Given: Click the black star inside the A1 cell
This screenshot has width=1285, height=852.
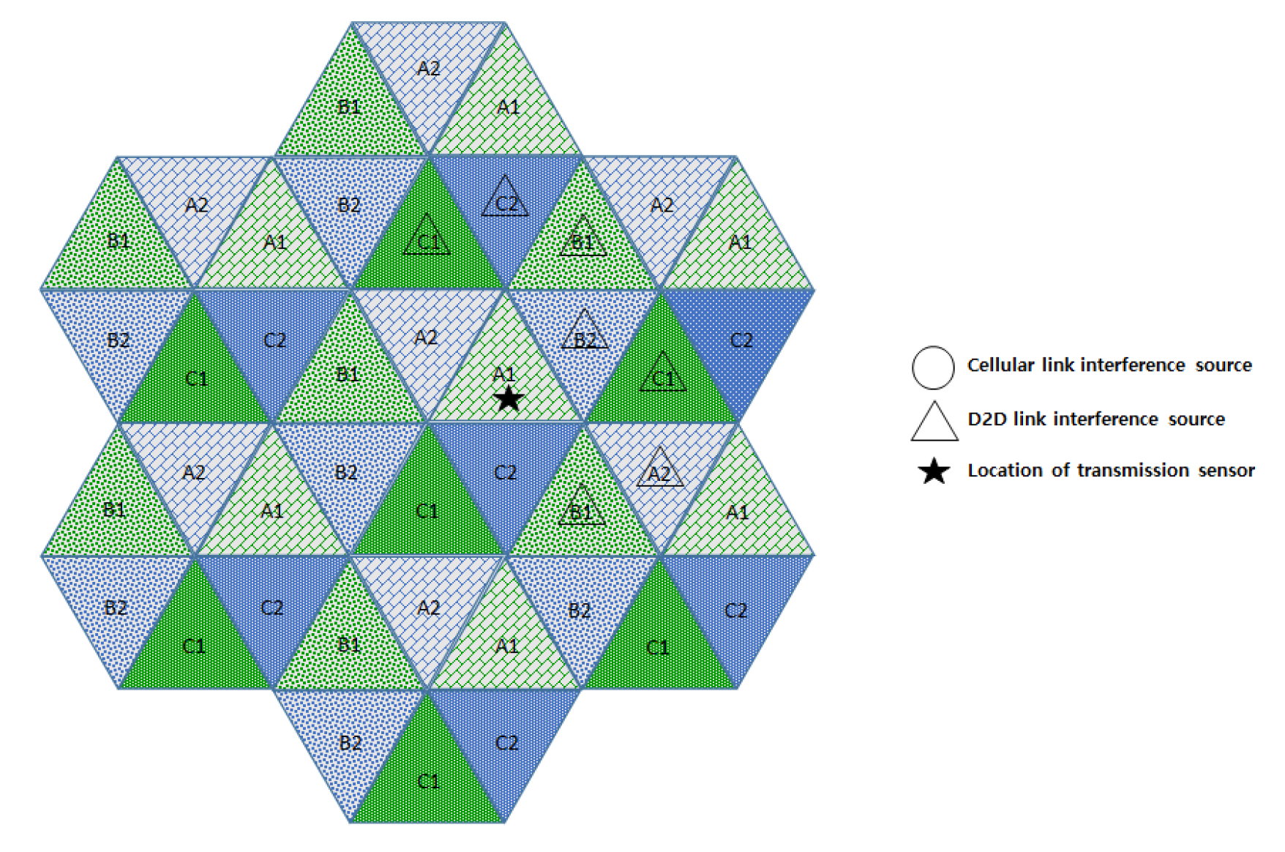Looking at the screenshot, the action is [x=509, y=399].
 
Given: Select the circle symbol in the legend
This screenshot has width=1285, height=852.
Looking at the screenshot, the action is [x=933, y=367].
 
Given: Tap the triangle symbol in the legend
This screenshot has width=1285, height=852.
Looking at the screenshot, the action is [x=934, y=421].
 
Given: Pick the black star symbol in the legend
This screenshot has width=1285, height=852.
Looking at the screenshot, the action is [x=934, y=471].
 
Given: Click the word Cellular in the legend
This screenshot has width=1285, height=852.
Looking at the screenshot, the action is [x=1000, y=365].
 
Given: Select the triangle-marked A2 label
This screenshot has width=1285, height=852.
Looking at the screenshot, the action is [x=659, y=474].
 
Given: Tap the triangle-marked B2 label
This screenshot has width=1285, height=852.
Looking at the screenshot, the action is [x=585, y=340].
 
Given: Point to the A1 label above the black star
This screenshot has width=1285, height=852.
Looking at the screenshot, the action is [x=504, y=374].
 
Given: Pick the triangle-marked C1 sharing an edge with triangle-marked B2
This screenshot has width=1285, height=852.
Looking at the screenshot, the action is [x=663, y=378].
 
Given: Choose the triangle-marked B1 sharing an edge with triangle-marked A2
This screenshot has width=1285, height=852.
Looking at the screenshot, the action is [x=581, y=512].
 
